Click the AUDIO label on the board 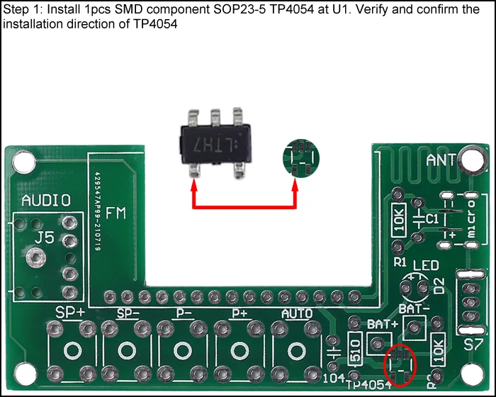click(x=46, y=200)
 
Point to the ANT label click(x=441, y=160)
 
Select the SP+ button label click(x=72, y=313)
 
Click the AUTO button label click(x=297, y=313)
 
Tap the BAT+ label click(x=383, y=324)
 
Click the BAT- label click(x=415, y=309)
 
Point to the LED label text click(x=427, y=267)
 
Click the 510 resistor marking click(x=356, y=348)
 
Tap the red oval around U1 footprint click(x=400, y=364)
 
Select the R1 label click(x=400, y=263)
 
